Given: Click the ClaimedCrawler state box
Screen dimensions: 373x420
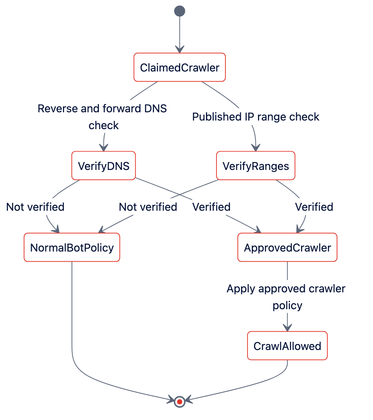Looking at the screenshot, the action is (179, 67).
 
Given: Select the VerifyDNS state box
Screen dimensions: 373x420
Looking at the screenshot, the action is (104, 165).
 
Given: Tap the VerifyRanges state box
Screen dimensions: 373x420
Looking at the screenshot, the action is (256, 165).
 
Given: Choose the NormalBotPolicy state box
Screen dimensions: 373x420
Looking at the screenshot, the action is (72, 247).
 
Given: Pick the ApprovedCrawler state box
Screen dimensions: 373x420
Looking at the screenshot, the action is (287, 247).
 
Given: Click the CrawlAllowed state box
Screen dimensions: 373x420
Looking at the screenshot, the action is (287, 346).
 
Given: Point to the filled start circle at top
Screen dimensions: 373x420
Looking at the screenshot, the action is (179, 11).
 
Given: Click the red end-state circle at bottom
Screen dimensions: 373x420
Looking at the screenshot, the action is (179, 402).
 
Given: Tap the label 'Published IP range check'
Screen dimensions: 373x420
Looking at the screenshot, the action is (256, 117).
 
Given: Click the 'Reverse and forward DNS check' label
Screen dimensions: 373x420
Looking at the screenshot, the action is (102, 117).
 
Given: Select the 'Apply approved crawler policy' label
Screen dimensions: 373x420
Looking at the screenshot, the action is (286, 297).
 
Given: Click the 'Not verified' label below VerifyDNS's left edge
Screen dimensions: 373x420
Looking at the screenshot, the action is (35, 207).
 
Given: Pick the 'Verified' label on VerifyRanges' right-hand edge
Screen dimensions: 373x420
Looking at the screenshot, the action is (314, 207).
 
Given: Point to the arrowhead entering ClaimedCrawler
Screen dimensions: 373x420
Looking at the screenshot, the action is (179, 49).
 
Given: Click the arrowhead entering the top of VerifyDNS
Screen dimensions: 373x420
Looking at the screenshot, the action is (103, 147).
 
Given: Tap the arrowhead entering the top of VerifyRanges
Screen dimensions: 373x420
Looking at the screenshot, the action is (256, 147).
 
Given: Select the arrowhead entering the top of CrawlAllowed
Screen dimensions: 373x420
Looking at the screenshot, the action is (287, 328).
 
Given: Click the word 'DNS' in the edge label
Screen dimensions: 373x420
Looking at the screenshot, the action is (155, 109).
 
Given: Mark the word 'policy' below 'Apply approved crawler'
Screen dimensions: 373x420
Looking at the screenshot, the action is (287, 305).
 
